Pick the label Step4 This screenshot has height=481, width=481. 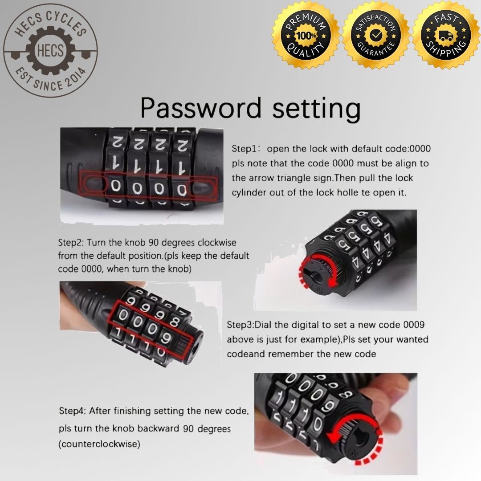(72, 411)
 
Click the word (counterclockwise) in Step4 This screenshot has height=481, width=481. (99, 444)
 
